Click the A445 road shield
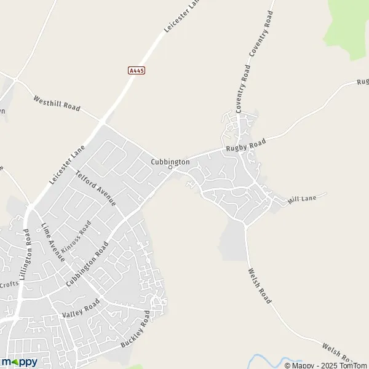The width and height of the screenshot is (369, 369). tap(137, 71)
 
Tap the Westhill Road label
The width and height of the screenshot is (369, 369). tap(57, 103)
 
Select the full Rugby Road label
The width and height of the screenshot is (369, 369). tap(245, 146)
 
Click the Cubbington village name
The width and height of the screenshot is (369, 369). tap(170, 161)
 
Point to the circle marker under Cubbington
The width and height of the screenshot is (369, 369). tap(170, 167)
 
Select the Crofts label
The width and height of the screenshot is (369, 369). tap(9, 284)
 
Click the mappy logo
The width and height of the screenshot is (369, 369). tap(19, 362)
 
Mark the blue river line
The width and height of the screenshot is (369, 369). tap(271, 360)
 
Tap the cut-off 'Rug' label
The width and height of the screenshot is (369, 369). tap(362, 82)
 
